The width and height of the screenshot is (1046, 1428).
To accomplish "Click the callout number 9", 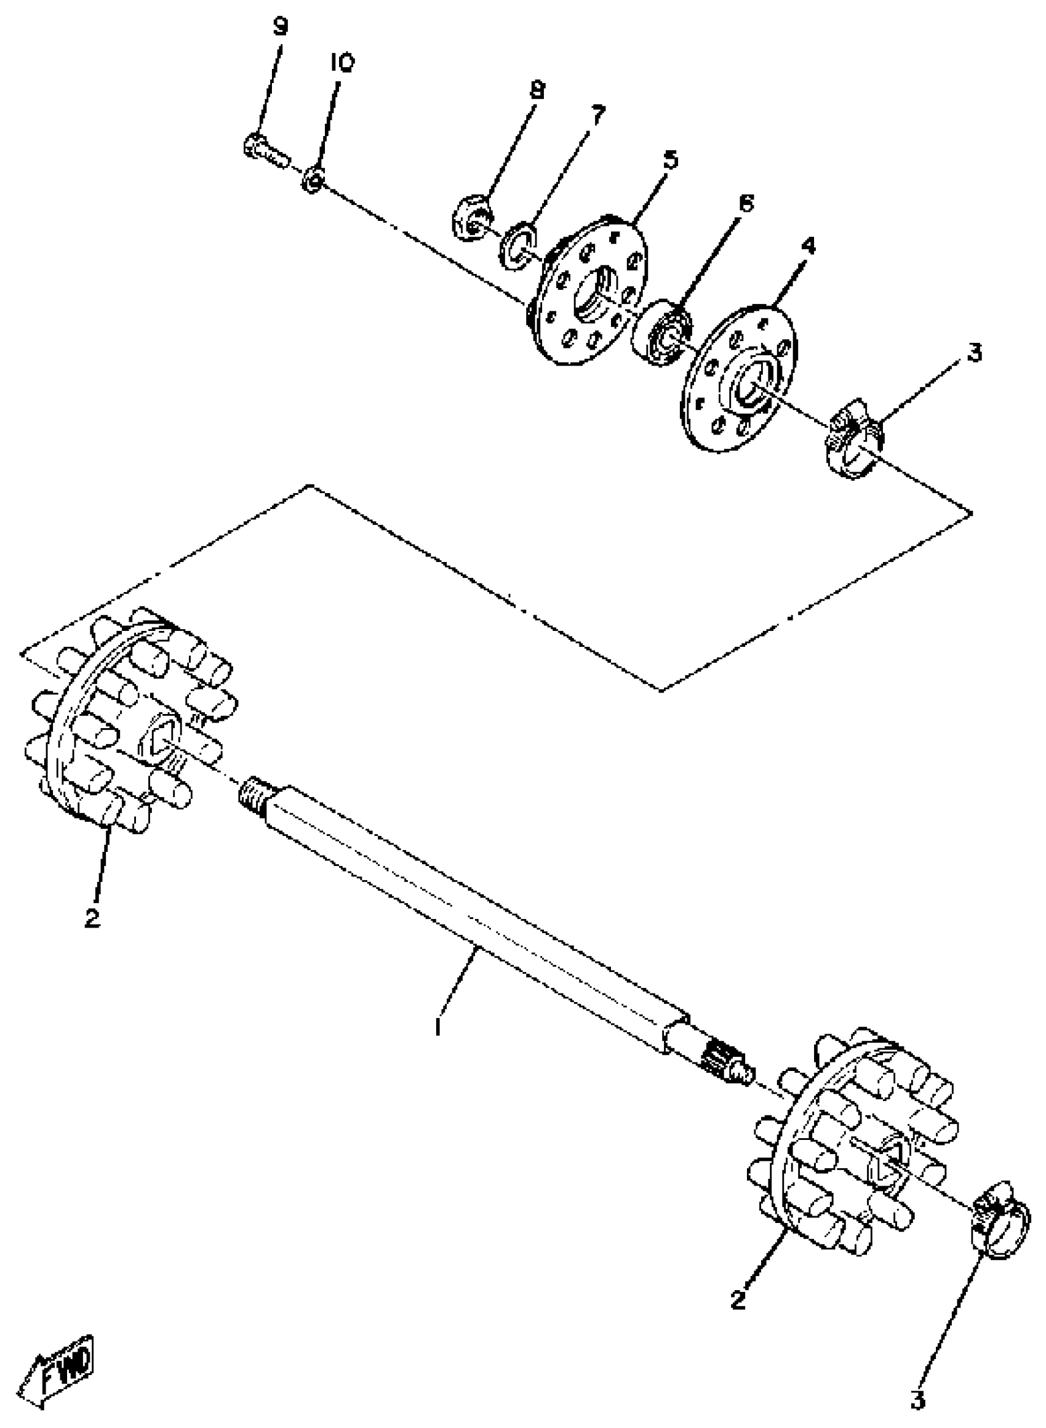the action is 280,28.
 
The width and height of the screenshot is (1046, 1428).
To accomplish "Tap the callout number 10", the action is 342,63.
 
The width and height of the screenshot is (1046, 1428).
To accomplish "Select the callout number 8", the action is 537,90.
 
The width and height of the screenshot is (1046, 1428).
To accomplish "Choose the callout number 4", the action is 808,245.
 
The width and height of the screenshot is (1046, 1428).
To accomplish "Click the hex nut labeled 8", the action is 469,218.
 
